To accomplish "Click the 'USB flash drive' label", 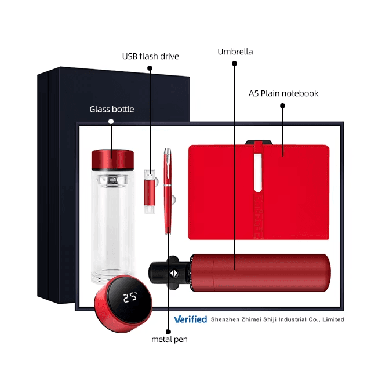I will [150, 56].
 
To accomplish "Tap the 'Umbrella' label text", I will [235, 52].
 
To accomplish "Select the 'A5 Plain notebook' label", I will [283, 93].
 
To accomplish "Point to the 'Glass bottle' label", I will [111, 109].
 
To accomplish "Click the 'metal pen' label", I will [169, 339].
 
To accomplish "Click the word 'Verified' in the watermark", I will [191, 319].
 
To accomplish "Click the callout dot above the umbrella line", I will [234, 63].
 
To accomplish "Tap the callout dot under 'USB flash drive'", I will [150, 68].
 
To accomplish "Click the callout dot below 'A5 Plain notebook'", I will [282, 106].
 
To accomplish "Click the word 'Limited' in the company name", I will [333, 319].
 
